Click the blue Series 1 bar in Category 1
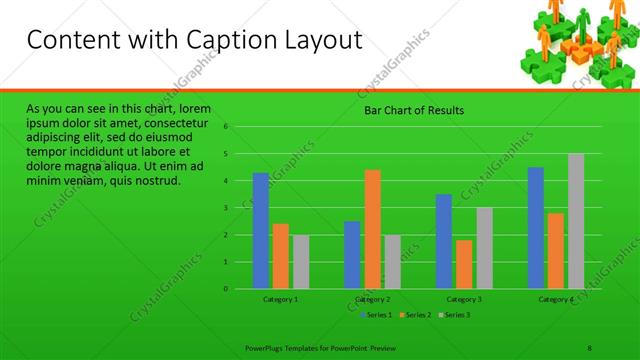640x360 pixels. tap(261, 231)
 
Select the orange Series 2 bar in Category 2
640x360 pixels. tap(372, 229)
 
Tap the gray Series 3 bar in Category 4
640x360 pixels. tap(576, 221)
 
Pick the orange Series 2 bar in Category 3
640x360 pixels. tap(464, 264)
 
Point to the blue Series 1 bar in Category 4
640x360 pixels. tap(536, 228)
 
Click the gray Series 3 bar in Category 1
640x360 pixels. tap(301, 262)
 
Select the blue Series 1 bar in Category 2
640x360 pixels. tap(352, 255)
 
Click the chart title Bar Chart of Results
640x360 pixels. tap(412, 110)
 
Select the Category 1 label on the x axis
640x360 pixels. tap(281, 299)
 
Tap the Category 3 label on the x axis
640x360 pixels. tap(464, 299)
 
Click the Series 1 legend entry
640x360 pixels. tap(377, 315)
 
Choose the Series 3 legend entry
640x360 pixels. tap(455, 315)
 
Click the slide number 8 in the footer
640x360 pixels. tap(590, 348)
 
